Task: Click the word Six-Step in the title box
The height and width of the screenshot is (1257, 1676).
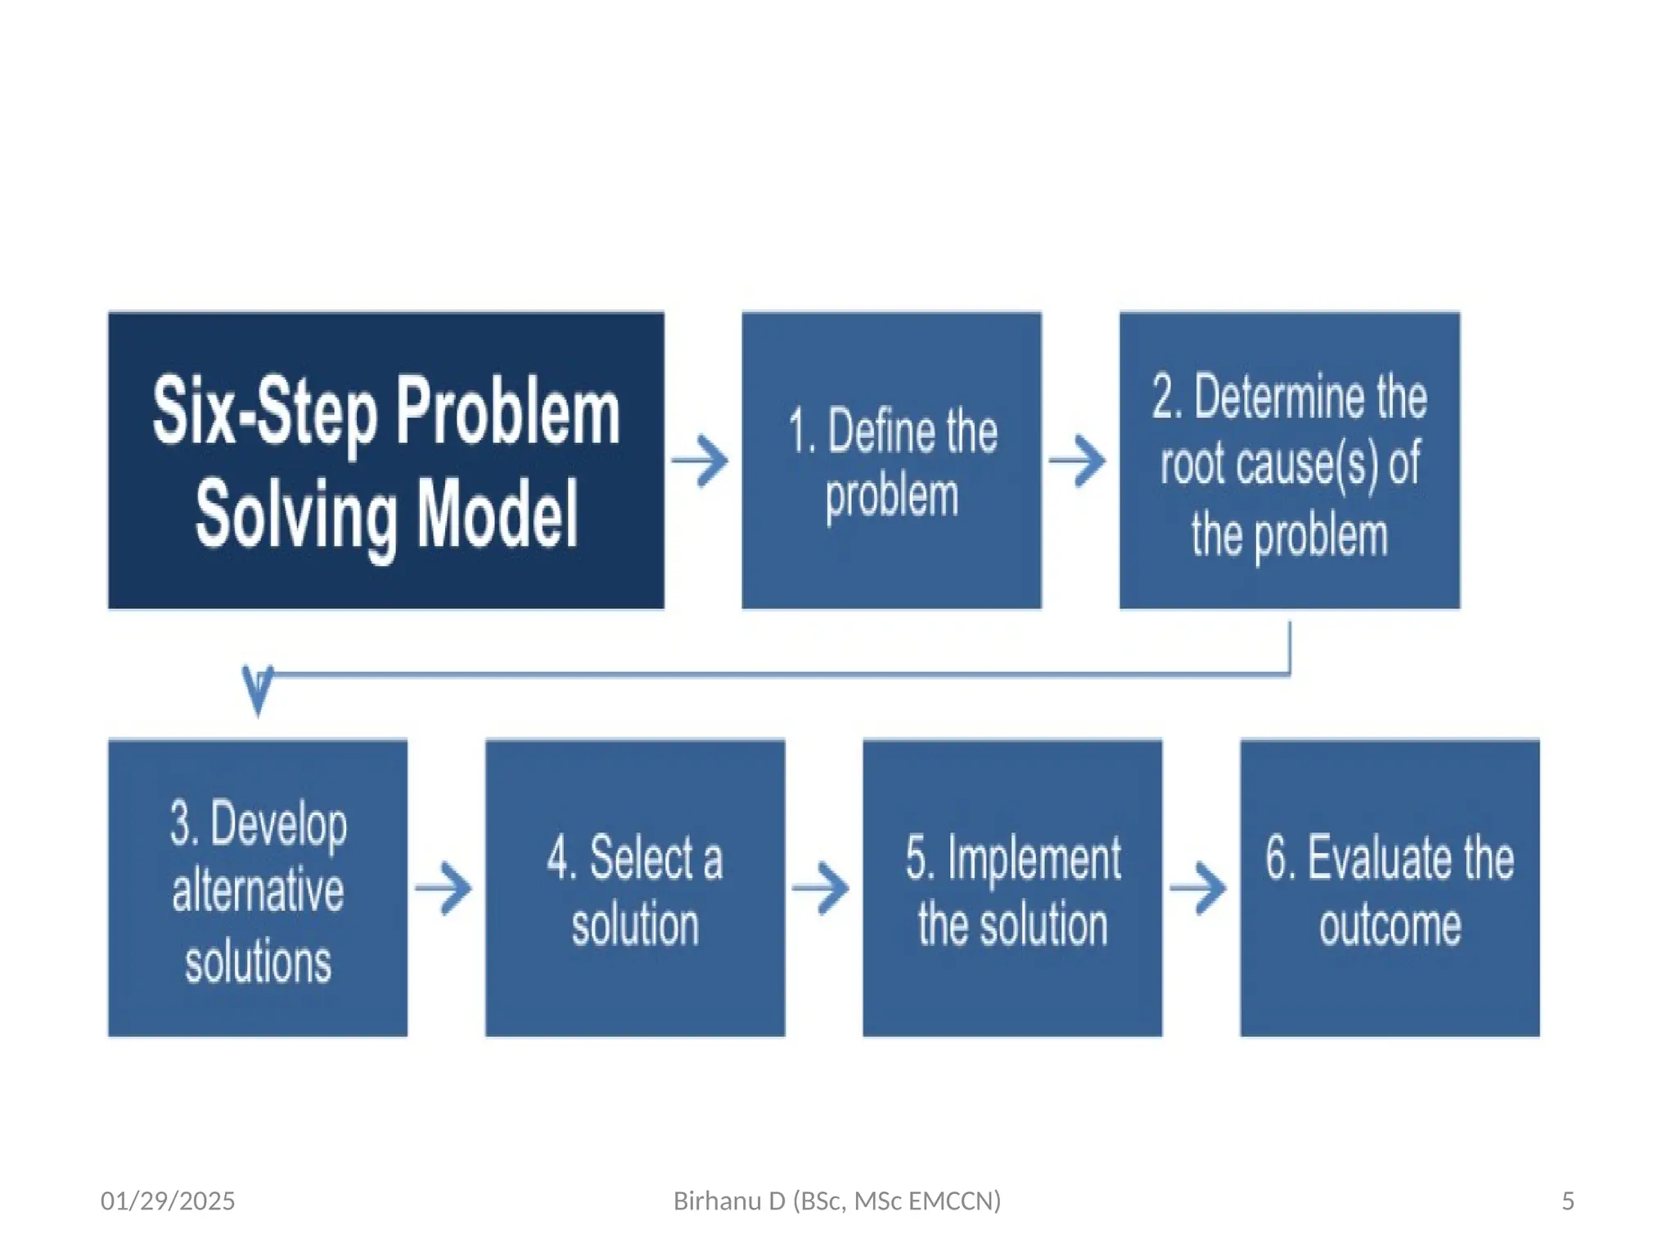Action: click(264, 412)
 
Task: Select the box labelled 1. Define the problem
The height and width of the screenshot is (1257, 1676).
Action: click(891, 461)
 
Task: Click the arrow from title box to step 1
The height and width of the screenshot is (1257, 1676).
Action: click(701, 462)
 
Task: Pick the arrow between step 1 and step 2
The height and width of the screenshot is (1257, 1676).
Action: click(1078, 462)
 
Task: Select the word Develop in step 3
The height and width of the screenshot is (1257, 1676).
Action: click(279, 825)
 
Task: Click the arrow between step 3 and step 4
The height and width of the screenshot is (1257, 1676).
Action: click(444, 888)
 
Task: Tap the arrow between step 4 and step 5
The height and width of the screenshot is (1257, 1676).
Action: click(821, 888)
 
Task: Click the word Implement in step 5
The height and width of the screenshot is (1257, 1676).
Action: click(1034, 860)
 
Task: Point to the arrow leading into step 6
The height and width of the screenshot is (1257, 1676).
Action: click(1198, 888)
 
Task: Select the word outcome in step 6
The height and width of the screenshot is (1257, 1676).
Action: click(1390, 926)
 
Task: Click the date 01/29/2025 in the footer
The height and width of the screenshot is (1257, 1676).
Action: click(168, 1201)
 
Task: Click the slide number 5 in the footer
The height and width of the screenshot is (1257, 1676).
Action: click(1567, 1201)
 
